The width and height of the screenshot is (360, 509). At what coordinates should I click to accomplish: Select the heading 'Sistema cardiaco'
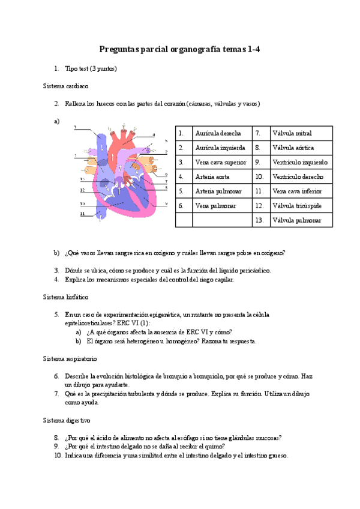[66, 86]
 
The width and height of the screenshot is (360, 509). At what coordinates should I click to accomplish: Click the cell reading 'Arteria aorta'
[214, 176]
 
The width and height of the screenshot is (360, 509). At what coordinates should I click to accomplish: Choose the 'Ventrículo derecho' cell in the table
[298, 176]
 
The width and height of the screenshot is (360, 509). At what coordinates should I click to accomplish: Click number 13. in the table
[259, 220]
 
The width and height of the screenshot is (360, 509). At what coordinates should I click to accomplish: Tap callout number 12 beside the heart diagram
[82, 190]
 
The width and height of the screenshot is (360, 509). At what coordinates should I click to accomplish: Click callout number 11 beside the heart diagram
[82, 213]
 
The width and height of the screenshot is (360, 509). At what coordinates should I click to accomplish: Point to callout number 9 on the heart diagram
[166, 204]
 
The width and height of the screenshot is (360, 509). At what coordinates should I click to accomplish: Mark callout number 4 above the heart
[154, 134]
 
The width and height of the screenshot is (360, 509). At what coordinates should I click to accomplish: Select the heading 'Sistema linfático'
[65, 297]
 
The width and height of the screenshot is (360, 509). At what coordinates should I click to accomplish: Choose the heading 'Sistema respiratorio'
[70, 358]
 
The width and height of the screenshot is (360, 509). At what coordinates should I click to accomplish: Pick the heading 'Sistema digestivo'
[67, 420]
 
